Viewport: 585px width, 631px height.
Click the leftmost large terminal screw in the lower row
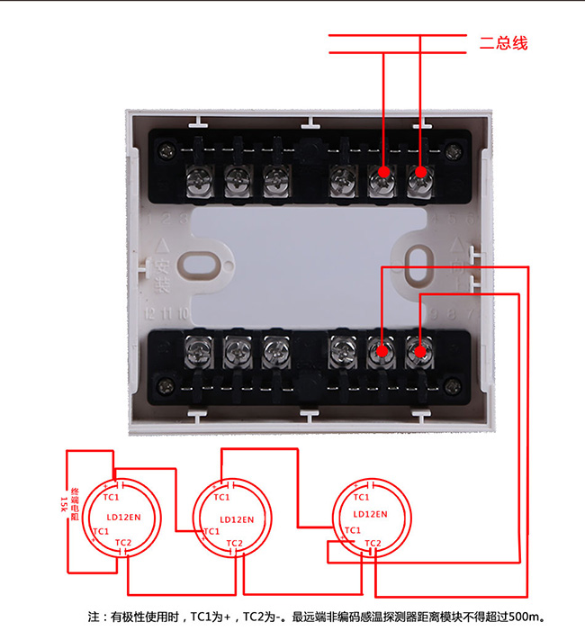(195, 348)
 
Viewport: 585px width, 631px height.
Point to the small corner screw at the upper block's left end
(168, 146)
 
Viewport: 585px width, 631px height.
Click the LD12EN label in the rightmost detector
(371, 514)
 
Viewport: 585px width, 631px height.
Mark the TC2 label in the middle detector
(234, 542)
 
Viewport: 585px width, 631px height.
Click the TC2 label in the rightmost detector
(373, 542)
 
